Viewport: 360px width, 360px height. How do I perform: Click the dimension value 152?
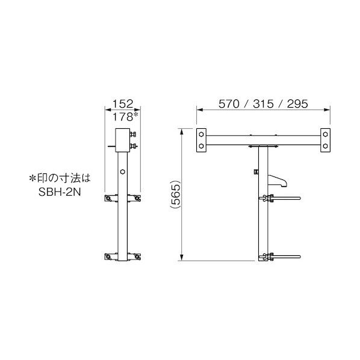[123, 104]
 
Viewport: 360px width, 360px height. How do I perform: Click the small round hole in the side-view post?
[123, 172]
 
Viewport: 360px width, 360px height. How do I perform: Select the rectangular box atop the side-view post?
[123, 140]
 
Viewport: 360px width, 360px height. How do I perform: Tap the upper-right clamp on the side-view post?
[137, 198]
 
